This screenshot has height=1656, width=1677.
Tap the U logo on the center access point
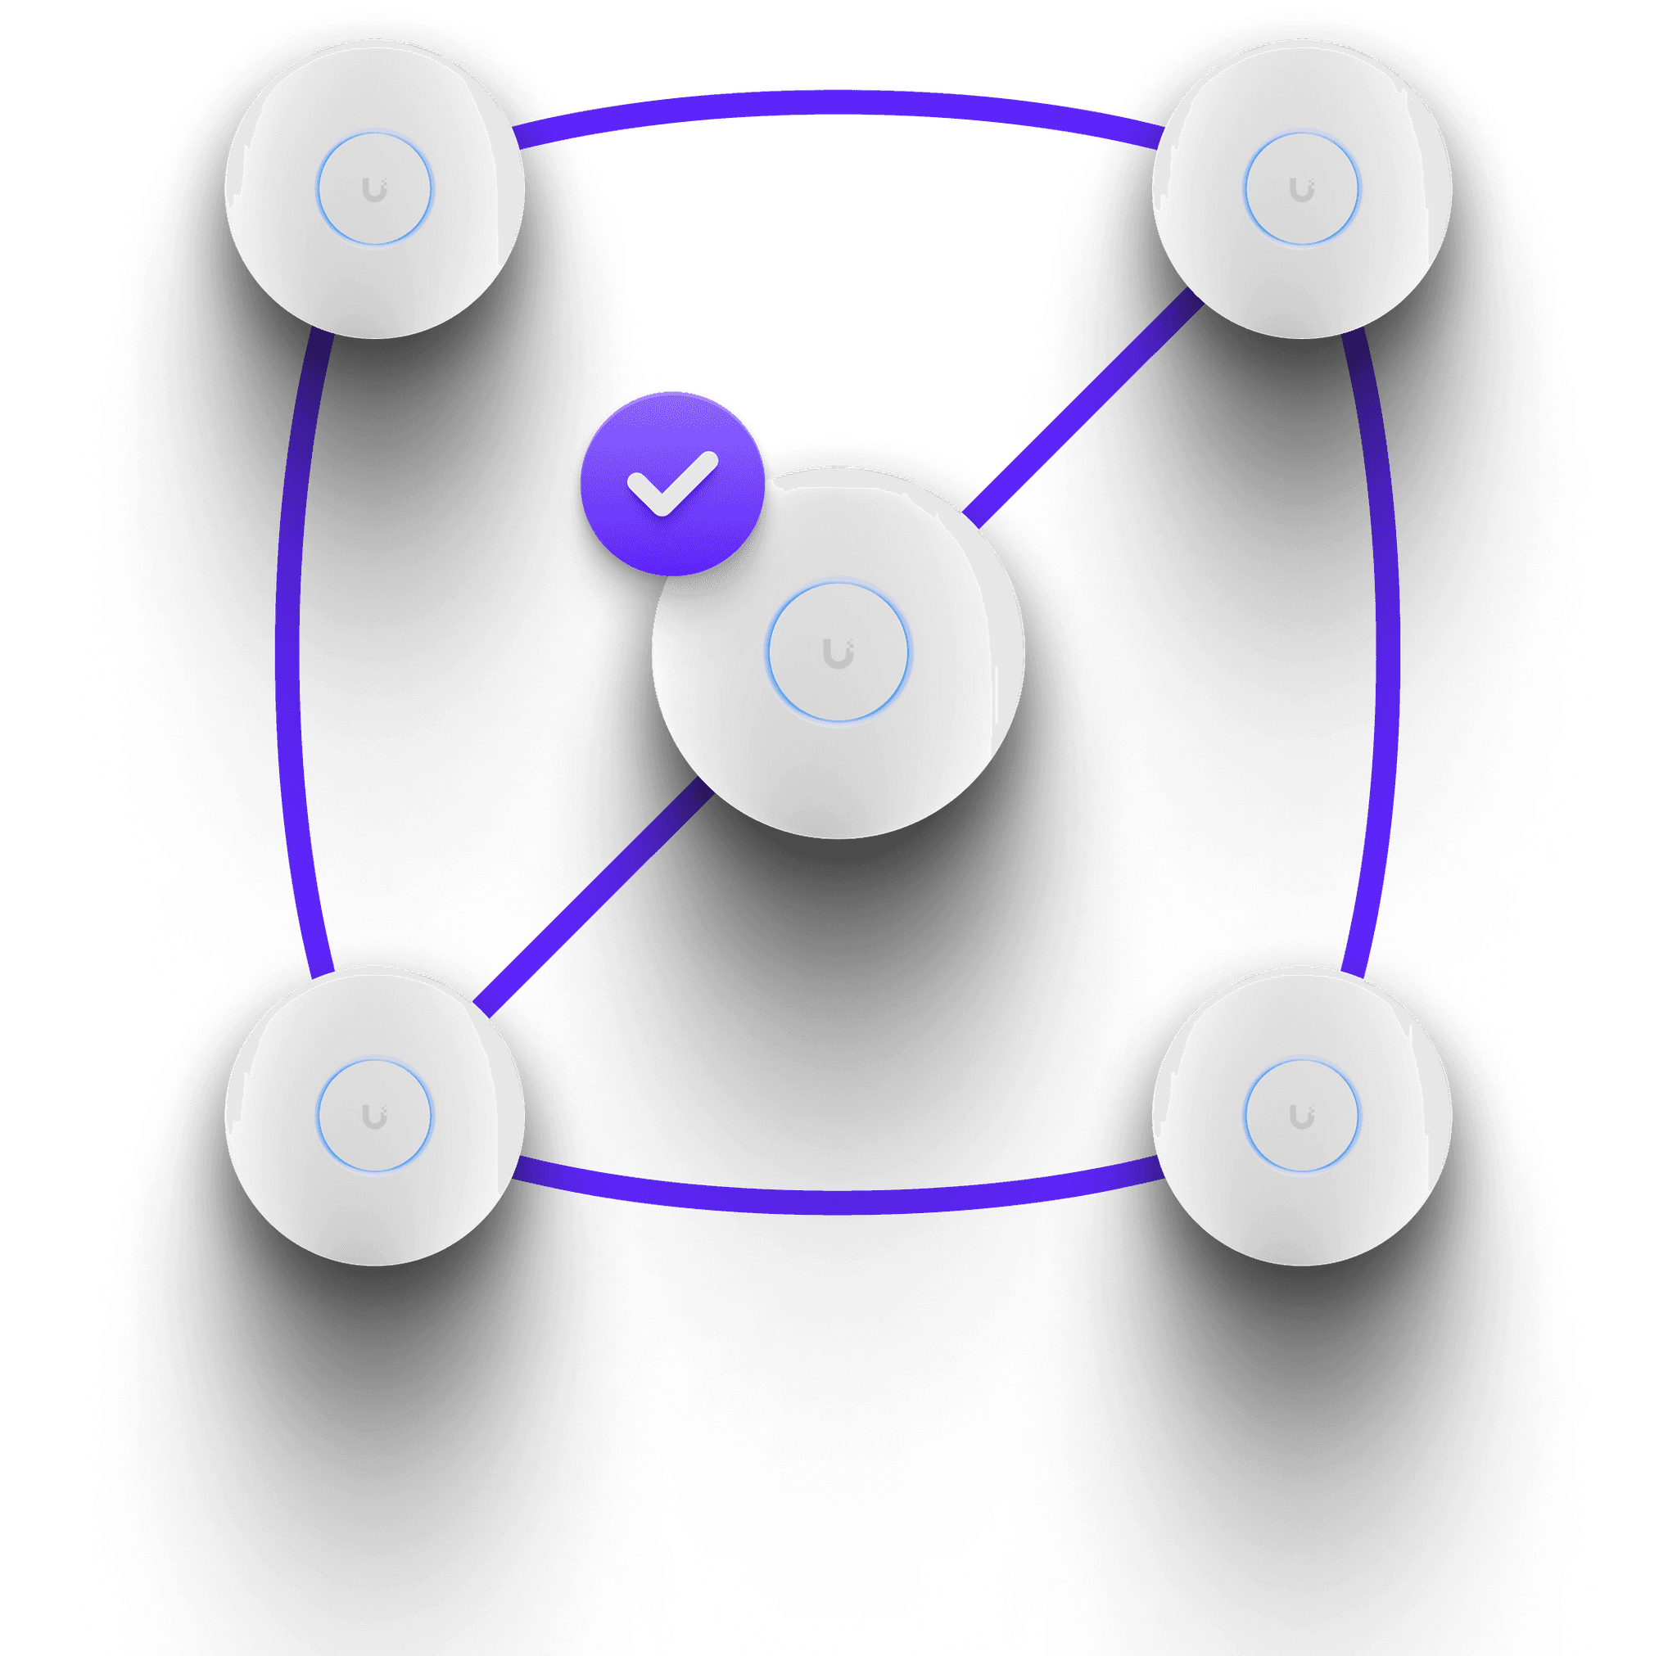click(x=838, y=654)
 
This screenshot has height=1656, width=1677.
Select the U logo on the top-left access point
click(x=374, y=190)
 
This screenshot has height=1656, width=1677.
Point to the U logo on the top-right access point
click(x=1301, y=190)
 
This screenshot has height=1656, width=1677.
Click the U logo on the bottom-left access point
click(x=374, y=1117)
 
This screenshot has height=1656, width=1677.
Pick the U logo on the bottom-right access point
click(x=1301, y=1117)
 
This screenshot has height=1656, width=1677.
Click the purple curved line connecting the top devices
click(x=838, y=102)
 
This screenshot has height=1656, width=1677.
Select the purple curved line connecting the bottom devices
click(x=838, y=1201)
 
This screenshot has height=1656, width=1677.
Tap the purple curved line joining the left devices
click(x=288, y=651)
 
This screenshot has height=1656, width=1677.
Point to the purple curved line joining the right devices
click(x=1387, y=651)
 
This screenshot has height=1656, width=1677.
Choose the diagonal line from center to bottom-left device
click(x=590, y=898)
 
